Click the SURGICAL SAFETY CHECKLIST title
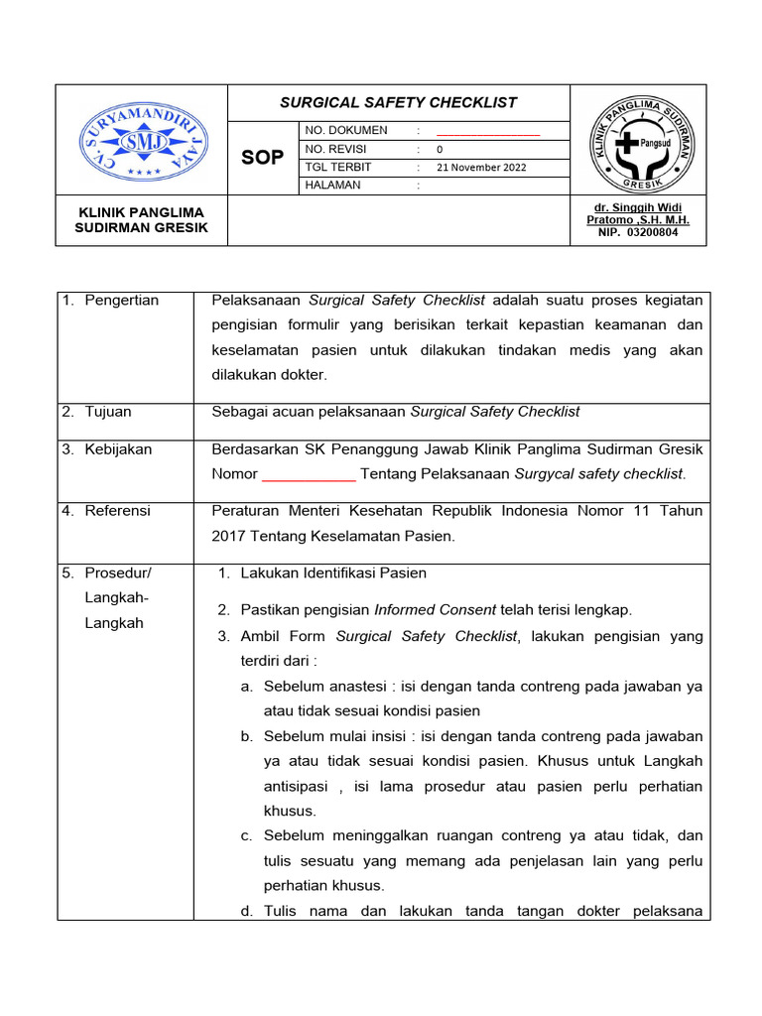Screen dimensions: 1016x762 click(398, 102)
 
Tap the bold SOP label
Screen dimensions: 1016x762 click(263, 158)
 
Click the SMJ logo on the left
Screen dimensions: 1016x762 click(142, 139)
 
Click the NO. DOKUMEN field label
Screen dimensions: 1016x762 click(346, 131)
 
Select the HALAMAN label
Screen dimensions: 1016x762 click(333, 185)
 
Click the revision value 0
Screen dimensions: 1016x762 click(440, 149)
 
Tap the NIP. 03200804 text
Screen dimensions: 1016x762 click(638, 232)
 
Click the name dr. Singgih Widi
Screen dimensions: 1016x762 click(639, 206)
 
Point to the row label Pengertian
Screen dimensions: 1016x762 click(122, 301)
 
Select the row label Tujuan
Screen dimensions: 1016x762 click(108, 412)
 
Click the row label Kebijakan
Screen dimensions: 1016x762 click(118, 449)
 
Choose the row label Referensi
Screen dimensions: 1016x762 click(117, 511)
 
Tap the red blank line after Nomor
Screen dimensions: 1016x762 click(309, 474)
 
